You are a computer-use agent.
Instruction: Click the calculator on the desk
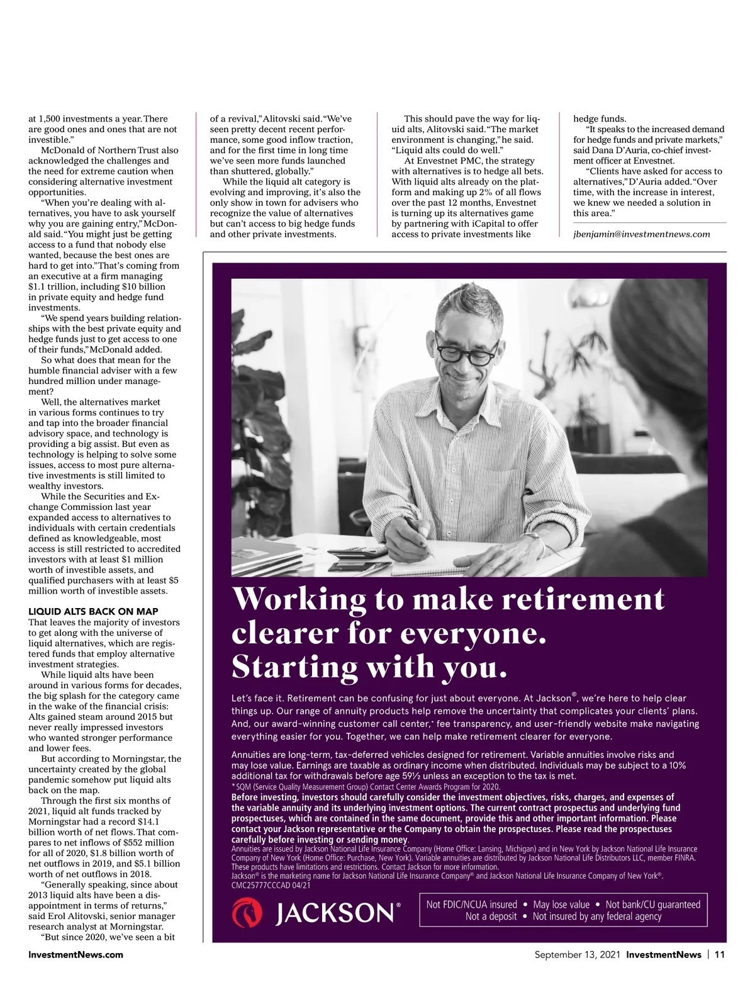[x=359, y=552]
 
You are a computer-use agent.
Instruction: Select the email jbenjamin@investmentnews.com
[x=642, y=234]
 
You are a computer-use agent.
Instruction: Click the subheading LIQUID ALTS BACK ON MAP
[x=93, y=611]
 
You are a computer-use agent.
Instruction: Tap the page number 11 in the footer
[x=720, y=954]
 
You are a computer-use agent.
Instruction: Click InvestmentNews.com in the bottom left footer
[x=75, y=954]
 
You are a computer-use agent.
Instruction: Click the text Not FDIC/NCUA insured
[x=472, y=905]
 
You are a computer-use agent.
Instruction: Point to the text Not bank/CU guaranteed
[x=652, y=905]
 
